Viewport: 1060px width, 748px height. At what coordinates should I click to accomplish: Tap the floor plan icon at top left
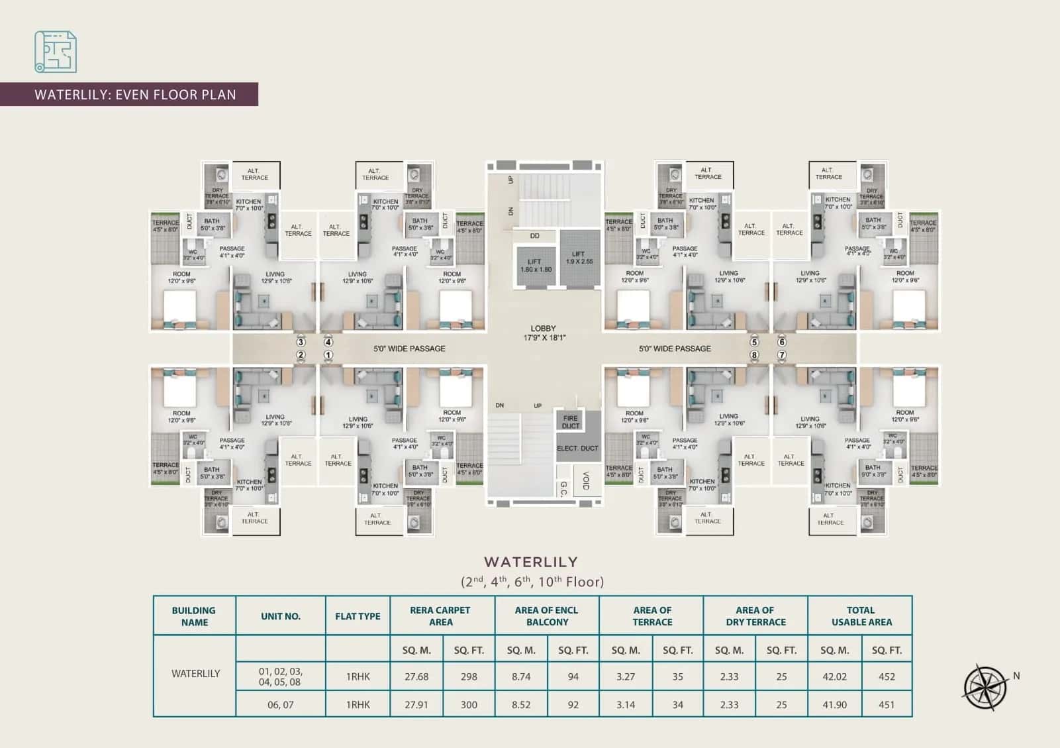click(56, 52)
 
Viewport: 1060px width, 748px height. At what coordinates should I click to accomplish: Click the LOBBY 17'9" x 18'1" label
click(543, 333)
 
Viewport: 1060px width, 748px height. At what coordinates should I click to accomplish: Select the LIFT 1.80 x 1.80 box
click(535, 265)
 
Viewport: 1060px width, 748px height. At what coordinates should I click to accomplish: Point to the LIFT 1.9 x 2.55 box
click(579, 258)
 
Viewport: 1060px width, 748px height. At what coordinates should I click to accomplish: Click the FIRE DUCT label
click(570, 422)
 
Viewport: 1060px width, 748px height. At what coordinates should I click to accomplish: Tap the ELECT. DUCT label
click(577, 449)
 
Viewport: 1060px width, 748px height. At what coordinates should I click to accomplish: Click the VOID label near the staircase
click(586, 481)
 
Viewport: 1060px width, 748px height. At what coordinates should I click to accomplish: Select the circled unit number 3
click(301, 343)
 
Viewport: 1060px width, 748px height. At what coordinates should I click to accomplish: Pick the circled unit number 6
click(782, 343)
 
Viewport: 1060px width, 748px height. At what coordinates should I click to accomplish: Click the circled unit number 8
click(754, 355)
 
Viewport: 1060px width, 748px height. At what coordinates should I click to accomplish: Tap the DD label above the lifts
click(534, 236)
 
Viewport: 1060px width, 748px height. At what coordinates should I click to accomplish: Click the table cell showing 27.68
click(416, 676)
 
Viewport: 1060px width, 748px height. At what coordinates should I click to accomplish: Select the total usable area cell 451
click(886, 705)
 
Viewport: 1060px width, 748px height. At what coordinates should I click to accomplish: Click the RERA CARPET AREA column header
click(440, 616)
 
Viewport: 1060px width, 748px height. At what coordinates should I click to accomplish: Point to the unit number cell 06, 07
click(280, 705)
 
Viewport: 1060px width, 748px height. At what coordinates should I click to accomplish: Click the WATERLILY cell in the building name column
click(195, 674)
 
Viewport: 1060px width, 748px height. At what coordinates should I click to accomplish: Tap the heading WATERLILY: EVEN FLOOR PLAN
click(135, 94)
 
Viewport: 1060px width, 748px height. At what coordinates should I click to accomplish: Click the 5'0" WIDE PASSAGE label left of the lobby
click(409, 348)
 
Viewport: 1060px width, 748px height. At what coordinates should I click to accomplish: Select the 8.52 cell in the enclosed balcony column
click(520, 705)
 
